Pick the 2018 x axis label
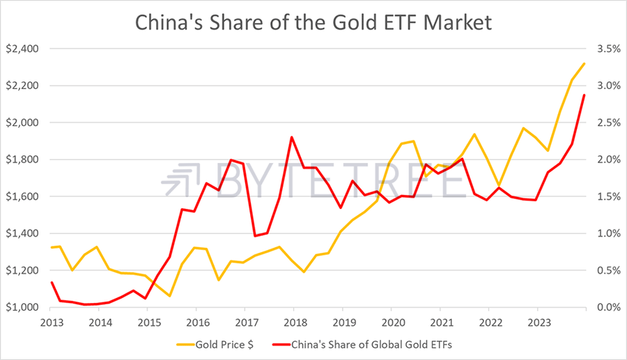(x=293, y=322)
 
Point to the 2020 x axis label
(x=390, y=322)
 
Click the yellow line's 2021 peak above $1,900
(x=474, y=134)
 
